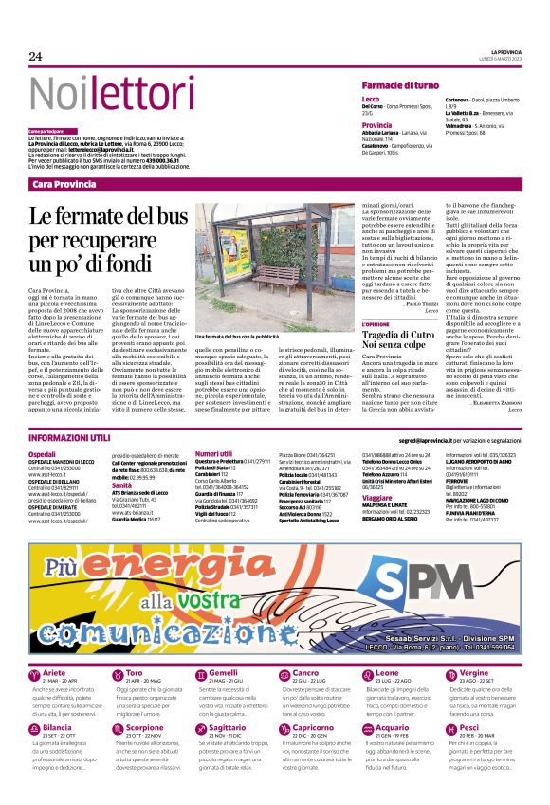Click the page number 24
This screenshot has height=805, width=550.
tap(36, 56)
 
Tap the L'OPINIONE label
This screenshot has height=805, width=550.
tap(376, 325)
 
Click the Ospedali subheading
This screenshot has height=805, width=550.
tap(42, 455)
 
